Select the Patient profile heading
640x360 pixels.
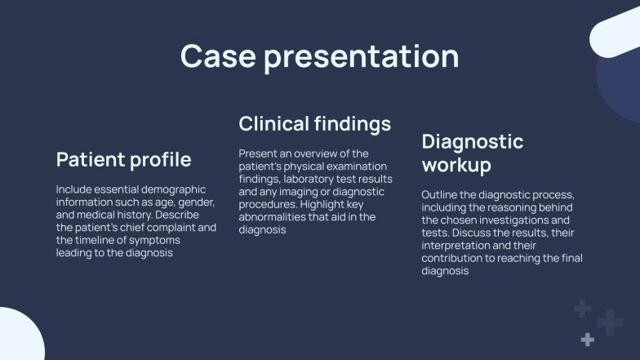(x=123, y=158)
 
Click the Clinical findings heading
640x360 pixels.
(x=314, y=124)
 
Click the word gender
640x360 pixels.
(x=195, y=202)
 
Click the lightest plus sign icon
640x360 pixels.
(x=587, y=339)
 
